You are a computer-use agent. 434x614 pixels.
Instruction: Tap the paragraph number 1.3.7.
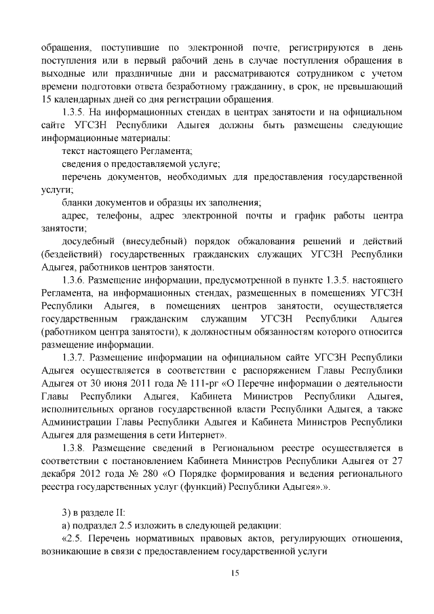(x=75, y=356)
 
